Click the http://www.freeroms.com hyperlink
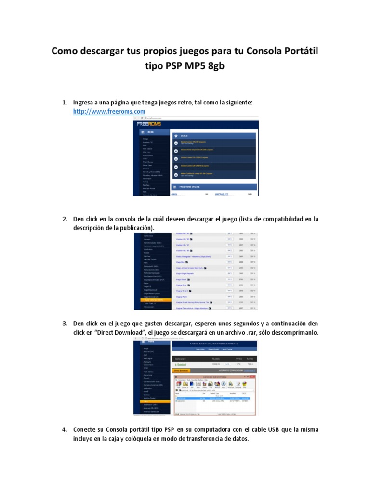[109, 111]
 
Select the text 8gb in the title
[212, 66]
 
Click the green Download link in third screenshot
[181, 364]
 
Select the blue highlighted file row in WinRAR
[212, 398]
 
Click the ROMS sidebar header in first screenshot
[151, 131]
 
